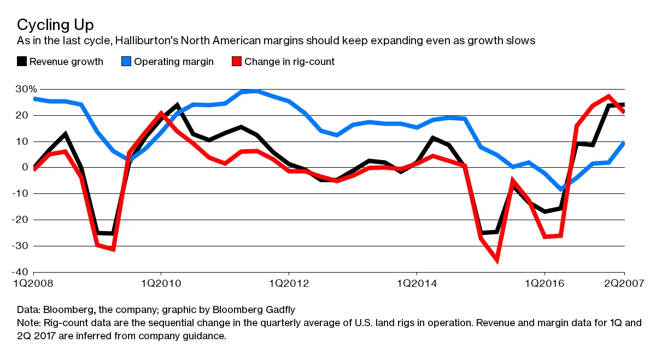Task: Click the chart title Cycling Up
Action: point(55,25)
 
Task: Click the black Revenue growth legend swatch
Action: point(22,62)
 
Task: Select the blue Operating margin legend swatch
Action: point(126,62)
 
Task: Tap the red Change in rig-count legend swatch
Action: point(237,62)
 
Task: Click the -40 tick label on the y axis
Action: point(22,272)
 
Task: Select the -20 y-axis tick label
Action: point(22,220)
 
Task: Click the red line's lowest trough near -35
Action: point(497,259)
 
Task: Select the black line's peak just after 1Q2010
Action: point(177,105)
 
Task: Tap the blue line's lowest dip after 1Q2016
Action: point(561,189)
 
